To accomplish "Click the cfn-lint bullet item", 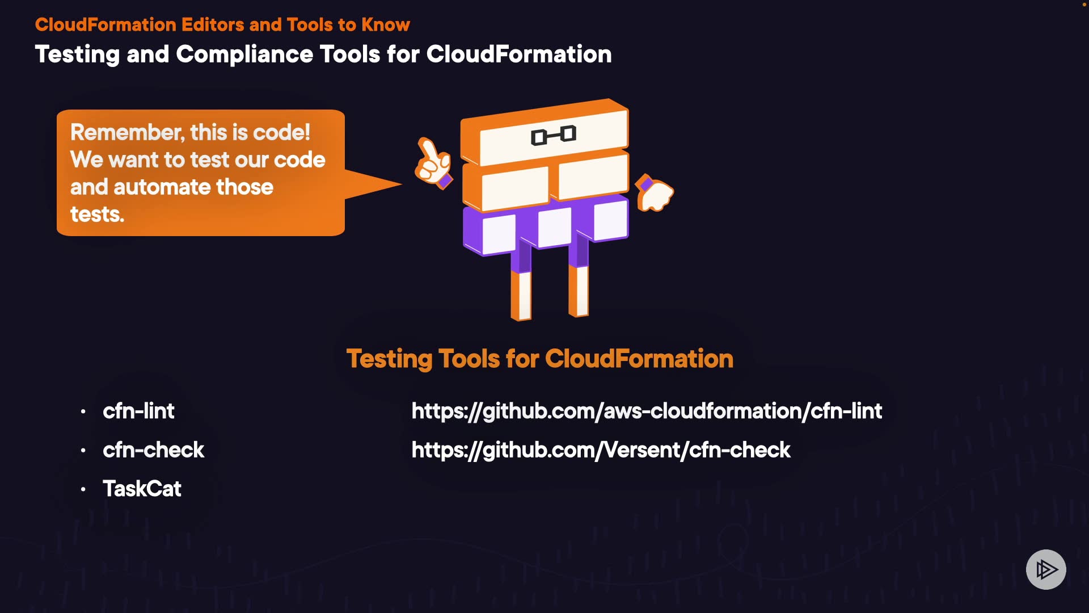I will (x=138, y=411).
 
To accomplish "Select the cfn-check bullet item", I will (x=153, y=450).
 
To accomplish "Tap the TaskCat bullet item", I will (x=142, y=489).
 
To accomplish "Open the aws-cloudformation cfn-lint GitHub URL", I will (x=647, y=411).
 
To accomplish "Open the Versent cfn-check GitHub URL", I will (x=601, y=450).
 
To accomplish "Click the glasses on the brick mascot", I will (x=554, y=136).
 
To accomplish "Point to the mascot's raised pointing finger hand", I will (x=433, y=162).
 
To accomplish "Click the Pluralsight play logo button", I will (x=1046, y=569).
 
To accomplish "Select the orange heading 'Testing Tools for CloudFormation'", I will (x=539, y=359).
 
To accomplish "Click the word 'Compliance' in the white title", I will (x=244, y=54).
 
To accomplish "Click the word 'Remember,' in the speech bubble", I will (x=127, y=132).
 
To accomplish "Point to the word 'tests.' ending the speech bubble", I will (x=97, y=215).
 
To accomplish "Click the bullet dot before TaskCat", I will (x=83, y=489).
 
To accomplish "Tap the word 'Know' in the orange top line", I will (x=386, y=24).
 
